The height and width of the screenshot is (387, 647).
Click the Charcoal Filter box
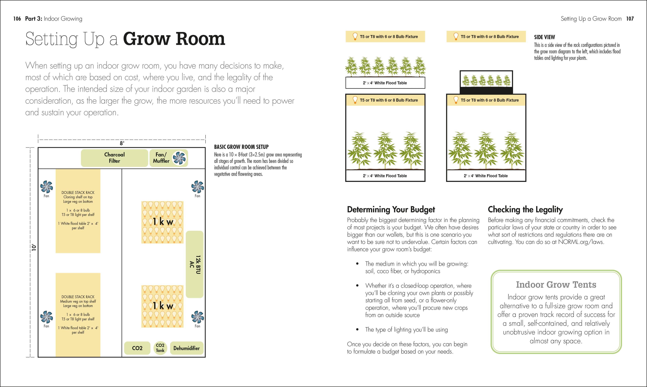(114, 158)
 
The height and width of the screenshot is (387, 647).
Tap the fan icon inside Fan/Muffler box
(180, 158)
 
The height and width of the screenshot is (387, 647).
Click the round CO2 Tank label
(160, 348)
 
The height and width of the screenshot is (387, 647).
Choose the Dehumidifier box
(186, 348)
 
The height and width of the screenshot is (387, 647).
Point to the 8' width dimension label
(122, 143)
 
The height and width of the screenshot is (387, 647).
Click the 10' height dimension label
(34, 248)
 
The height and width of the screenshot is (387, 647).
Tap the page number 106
(17, 19)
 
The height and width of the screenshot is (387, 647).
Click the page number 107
(630, 19)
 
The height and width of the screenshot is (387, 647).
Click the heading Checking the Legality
(525, 209)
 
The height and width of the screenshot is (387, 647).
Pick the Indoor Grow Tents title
(556, 285)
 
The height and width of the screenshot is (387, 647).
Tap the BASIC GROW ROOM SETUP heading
(241, 147)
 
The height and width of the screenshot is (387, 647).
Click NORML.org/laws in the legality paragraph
(581, 242)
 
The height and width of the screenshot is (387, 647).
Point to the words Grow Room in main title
(174, 39)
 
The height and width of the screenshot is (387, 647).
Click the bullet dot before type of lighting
(357, 330)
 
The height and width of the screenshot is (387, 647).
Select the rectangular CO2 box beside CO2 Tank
(137, 348)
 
